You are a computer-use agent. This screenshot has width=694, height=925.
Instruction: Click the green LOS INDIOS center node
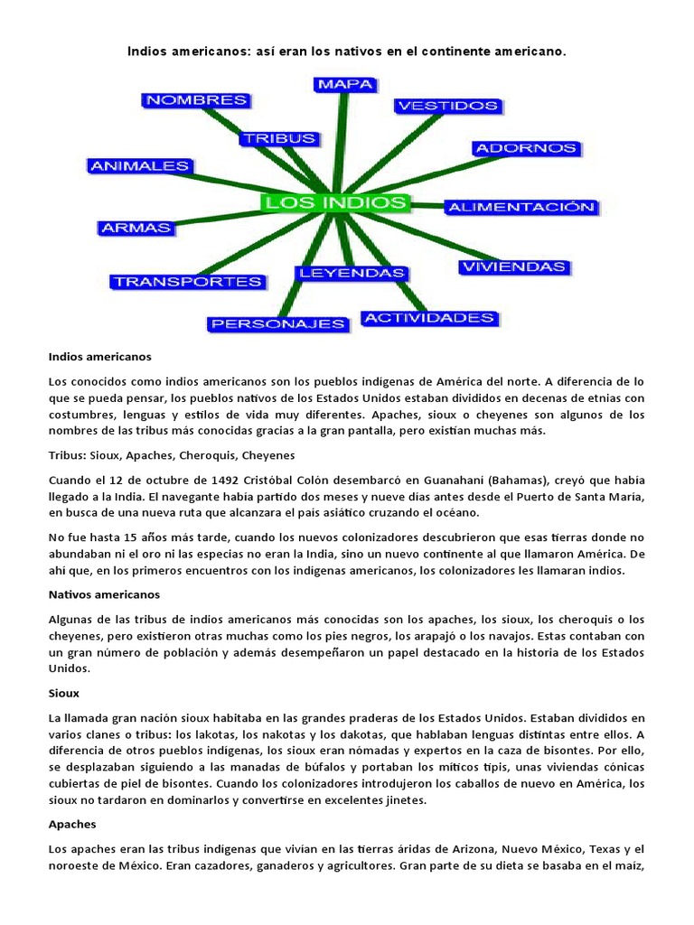click(335, 201)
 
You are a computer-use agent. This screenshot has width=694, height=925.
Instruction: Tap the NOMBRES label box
click(196, 100)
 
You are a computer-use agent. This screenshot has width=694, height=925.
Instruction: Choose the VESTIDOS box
click(447, 106)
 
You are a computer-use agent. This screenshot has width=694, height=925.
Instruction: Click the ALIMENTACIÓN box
click(521, 207)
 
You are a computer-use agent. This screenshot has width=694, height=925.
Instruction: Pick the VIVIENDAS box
click(513, 266)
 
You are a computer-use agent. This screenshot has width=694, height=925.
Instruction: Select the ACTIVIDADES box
click(429, 317)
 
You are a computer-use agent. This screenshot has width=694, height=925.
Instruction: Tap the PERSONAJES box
click(266, 322)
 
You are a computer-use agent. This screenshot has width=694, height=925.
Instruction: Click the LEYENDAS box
click(351, 272)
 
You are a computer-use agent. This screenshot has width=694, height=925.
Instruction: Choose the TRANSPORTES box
click(188, 281)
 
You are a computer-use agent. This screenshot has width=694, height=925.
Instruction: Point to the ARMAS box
click(136, 228)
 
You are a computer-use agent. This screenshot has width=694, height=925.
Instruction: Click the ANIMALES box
click(139, 165)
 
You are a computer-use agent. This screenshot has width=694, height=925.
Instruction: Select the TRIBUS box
click(278, 138)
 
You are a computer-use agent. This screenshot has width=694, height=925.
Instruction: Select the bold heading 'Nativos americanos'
click(103, 594)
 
